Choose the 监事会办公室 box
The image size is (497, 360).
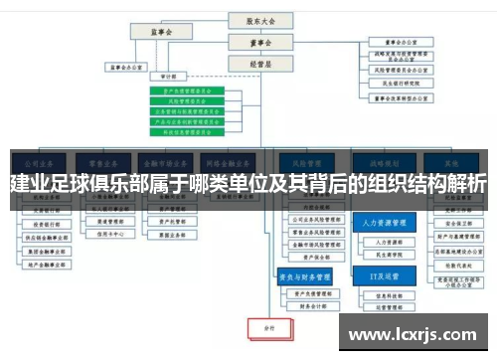[x=125, y=69]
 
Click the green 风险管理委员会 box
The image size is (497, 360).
[x=187, y=100]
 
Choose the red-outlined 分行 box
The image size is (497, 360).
[x=268, y=325]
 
